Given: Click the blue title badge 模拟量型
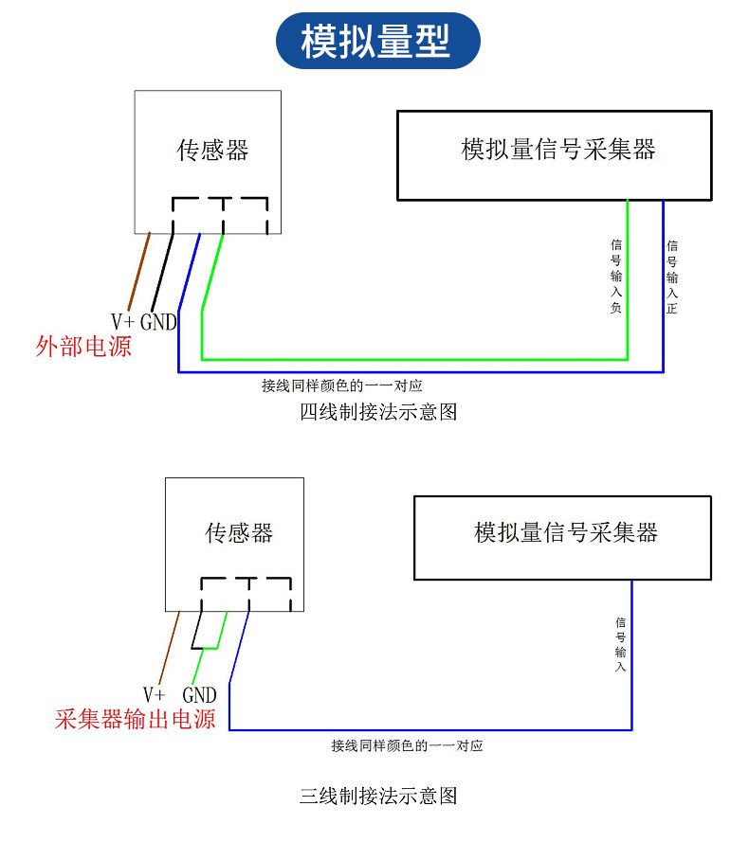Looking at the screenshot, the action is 377,41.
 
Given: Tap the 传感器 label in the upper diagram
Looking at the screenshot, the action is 212,150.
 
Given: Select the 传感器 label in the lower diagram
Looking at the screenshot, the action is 239,532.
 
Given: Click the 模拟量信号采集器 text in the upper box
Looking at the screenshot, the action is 558,150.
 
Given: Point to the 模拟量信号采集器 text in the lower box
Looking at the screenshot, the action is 566,532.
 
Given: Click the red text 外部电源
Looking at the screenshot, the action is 83,347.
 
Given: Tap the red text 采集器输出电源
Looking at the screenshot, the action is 135,719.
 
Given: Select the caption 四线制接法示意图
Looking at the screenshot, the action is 378,412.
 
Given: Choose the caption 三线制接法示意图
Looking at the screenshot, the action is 378,796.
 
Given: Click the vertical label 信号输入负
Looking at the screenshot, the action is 616,276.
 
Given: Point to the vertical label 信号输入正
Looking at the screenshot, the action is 672,278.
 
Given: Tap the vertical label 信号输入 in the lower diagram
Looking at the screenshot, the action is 620,644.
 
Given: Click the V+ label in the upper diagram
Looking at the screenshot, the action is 122,322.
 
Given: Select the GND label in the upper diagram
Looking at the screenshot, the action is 158,322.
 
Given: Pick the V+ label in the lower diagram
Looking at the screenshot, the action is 154,694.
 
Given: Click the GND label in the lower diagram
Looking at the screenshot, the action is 199,695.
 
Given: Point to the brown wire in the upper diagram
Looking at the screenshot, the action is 139,271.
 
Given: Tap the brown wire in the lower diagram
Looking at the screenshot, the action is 170,647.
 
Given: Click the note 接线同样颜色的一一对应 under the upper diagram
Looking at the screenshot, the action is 342,385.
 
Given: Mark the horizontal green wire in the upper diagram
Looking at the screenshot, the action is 414,359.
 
